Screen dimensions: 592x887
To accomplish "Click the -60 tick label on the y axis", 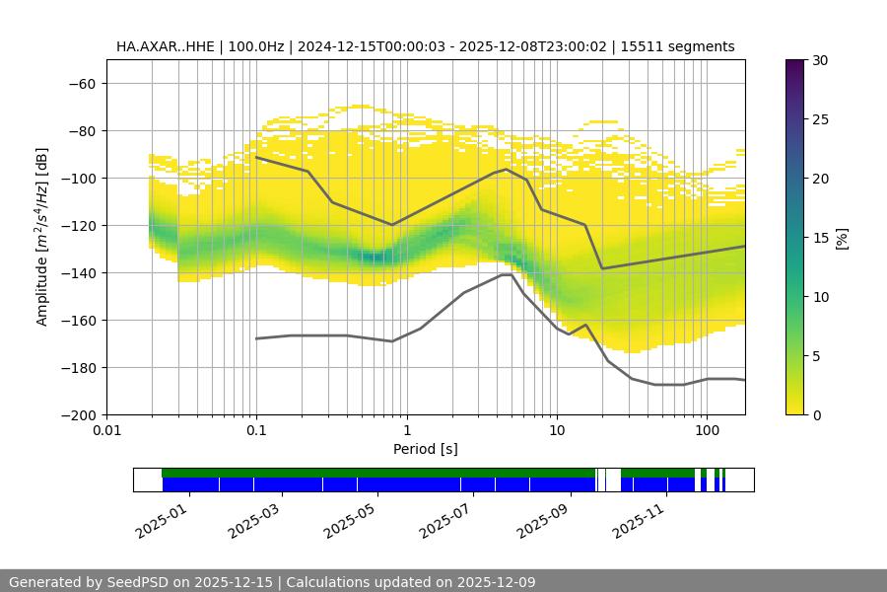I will click(x=82, y=83).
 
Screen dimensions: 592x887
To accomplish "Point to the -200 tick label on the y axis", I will click(x=78, y=414).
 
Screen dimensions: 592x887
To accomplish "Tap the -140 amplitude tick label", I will click(x=78, y=272).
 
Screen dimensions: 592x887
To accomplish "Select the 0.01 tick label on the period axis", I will click(x=106, y=431).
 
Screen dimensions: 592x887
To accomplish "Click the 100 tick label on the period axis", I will click(x=706, y=431).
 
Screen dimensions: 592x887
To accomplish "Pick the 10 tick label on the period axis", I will click(x=557, y=431).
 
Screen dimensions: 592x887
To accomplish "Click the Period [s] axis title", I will click(x=426, y=449).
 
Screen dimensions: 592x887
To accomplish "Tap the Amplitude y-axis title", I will click(x=42, y=237).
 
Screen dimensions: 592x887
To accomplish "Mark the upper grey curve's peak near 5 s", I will click(x=506, y=169).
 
